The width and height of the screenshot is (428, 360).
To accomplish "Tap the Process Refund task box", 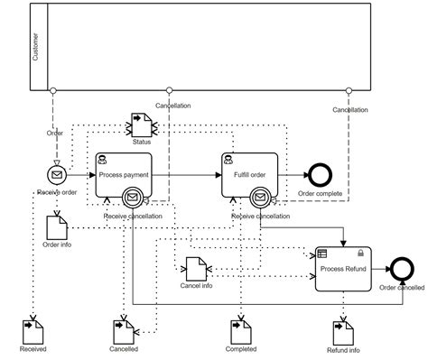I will [345, 268].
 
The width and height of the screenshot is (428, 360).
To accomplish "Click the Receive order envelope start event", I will [56, 174].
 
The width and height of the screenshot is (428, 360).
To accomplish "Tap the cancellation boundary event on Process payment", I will [133, 197].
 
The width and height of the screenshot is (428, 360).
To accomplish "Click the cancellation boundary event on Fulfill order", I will [260, 197].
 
